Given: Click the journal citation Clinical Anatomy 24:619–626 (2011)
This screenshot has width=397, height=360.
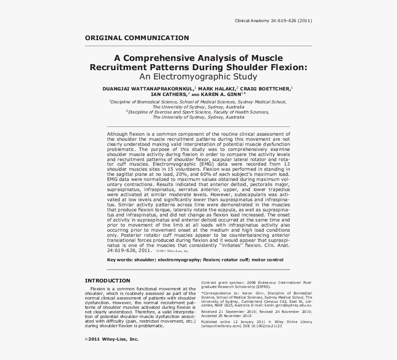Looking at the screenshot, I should click(273, 21).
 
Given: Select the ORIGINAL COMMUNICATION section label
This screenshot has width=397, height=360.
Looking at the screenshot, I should click(137, 38).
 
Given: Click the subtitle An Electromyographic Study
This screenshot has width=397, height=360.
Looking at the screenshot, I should click(198, 77).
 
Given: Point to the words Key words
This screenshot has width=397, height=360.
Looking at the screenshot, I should click(120, 260).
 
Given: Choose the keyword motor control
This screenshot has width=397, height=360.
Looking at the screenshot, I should click(268, 260).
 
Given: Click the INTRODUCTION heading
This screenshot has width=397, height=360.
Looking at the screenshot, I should click(108, 281).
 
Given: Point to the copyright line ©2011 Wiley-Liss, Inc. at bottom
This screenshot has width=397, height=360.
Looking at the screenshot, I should click(112, 339).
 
